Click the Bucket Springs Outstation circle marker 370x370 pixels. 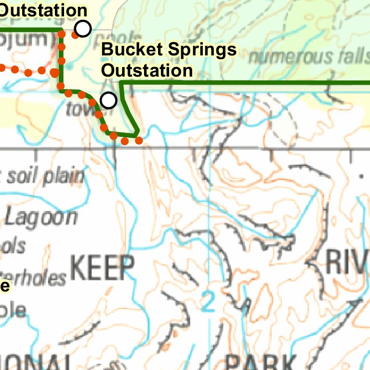click(x=108, y=100)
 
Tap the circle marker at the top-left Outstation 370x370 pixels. click(x=83, y=29)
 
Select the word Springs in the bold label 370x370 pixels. click(x=201, y=50)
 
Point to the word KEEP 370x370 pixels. click(x=103, y=268)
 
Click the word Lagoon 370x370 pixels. click(x=41, y=217)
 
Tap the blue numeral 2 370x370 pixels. click(x=208, y=302)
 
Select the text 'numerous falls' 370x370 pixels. click(x=308, y=57)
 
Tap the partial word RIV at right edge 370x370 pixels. click(x=347, y=262)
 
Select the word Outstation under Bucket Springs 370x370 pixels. click(x=147, y=70)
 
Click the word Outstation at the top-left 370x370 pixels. click(x=43, y=10)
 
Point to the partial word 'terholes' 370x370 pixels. click(x=34, y=278)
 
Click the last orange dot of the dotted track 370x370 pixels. click(x=139, y=140)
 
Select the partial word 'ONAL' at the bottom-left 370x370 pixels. click(x=34, y=362)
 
